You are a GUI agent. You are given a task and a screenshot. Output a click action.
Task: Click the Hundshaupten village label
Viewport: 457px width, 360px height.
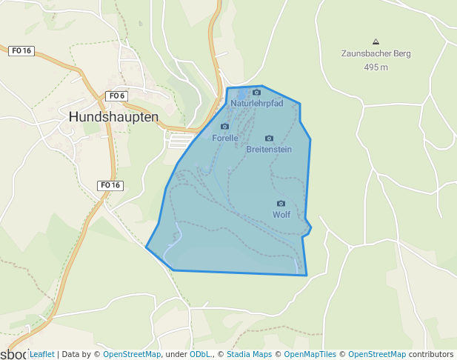[113, 117]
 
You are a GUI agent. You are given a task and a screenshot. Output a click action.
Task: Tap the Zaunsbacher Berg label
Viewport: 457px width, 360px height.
[376, 53]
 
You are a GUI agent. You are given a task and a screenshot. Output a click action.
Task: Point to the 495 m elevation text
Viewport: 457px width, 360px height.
[376, 67]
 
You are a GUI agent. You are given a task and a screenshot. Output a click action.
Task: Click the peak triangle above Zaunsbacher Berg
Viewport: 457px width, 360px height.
[376, 41]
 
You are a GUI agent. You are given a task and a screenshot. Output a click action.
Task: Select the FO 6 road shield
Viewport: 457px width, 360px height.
[117, 96]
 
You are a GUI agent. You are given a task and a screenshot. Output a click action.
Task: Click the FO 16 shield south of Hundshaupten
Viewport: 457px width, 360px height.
[110, 185]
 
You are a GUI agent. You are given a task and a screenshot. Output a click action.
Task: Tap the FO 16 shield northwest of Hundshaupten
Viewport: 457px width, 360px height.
[21, 50]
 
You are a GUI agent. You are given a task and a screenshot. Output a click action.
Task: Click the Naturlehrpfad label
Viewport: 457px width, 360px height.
[256, 104]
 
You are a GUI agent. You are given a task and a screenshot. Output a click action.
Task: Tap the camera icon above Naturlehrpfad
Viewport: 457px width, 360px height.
[256, 93]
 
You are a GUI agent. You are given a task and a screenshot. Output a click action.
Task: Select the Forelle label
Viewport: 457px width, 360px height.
[224, 138]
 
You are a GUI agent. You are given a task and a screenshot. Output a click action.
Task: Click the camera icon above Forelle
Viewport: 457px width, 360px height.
[224, 127]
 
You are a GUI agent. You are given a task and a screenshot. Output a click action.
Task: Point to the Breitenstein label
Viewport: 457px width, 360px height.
[269, 149]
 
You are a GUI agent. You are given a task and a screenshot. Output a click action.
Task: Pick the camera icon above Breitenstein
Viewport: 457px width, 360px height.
[269, 138]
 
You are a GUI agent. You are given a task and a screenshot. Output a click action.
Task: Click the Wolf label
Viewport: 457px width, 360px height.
[281, 215]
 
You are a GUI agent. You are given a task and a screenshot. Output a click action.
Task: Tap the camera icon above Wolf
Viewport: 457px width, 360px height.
[281, 203]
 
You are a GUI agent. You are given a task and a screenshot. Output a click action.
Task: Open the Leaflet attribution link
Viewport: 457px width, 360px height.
[41, 354]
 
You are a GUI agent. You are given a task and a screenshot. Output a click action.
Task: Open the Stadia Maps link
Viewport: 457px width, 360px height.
[248, 354]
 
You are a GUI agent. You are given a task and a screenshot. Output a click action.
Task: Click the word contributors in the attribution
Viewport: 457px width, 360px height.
[431, 354]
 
